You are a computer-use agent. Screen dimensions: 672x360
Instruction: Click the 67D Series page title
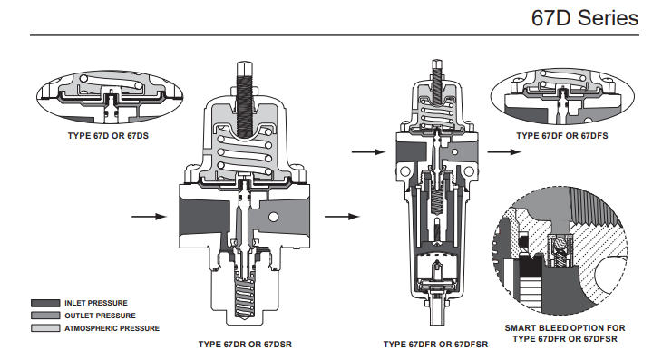click(585, 18)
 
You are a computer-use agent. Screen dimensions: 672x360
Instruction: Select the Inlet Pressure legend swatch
click(45, 303)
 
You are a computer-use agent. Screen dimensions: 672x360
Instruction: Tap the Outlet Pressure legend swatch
click(45, 316)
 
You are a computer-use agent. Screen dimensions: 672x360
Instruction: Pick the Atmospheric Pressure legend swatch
click(45, 328)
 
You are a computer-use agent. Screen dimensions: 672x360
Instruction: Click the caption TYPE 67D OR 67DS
click(108, 136)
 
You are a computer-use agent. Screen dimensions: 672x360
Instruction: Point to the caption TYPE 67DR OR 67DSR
click(245, 345)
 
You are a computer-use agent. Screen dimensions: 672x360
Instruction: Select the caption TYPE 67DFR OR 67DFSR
click(435, 345)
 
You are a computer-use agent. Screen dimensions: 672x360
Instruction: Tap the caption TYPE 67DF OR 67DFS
click(562, 136)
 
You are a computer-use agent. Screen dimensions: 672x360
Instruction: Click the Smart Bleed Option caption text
click(565, 334)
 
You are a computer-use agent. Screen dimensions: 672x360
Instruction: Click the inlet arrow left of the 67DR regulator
click(149, 217)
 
